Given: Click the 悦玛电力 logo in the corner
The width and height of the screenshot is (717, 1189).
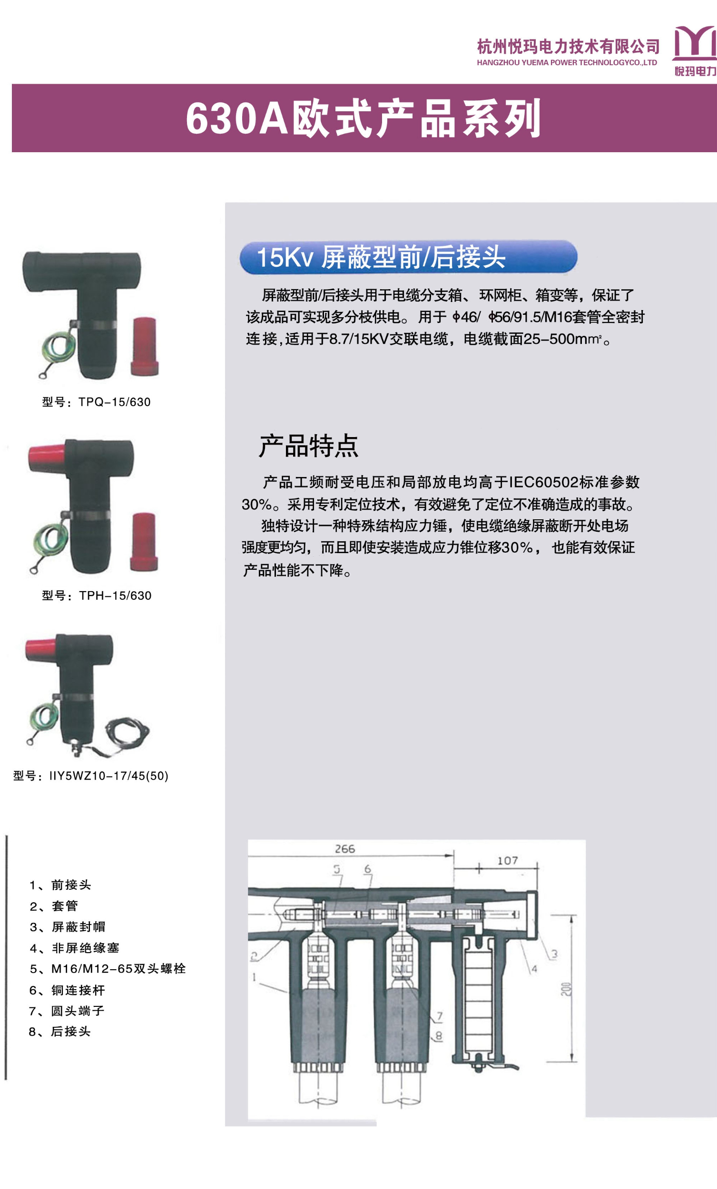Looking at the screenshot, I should (694, 50).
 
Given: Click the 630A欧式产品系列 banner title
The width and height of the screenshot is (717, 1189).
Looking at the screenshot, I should (363, 118).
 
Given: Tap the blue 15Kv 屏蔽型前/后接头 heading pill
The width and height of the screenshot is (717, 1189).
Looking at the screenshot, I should (408, 257).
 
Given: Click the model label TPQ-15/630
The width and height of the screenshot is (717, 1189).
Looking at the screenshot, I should (97, 402).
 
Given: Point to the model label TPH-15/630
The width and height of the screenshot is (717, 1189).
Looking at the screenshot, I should (97, 595).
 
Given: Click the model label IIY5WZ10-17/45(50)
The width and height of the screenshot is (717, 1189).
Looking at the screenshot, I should (91, 776).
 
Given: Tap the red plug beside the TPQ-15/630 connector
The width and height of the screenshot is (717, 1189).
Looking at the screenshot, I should (144, 346).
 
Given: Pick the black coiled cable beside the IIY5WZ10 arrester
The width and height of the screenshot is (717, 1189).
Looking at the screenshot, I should (127, 733).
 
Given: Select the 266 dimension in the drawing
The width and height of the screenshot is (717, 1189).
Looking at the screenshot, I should (345, 849).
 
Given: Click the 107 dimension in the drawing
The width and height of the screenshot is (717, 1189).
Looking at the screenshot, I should (508, 860).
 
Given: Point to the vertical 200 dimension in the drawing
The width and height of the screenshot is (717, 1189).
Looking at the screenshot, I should (566, 989).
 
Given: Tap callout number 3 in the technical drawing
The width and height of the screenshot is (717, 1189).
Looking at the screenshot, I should (554, 954).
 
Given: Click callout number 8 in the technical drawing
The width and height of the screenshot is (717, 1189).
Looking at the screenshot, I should (438, 1035).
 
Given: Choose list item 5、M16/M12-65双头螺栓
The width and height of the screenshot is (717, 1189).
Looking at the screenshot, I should (108, 968).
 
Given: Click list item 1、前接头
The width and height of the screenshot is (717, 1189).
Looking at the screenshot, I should (60, 885).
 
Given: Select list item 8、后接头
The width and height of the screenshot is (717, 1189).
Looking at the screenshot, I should (60, 1031).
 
